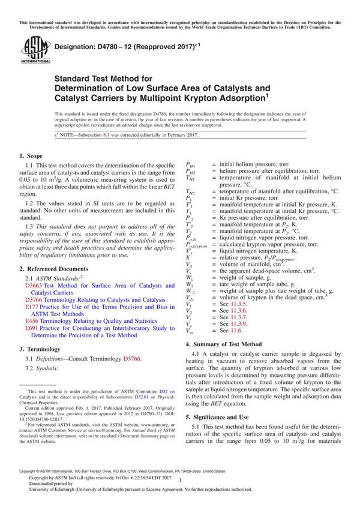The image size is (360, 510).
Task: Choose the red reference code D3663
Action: coord(35,286)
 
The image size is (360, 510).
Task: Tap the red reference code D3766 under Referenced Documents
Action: coord(35,299)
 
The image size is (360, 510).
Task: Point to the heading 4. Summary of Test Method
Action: coord(224,344)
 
